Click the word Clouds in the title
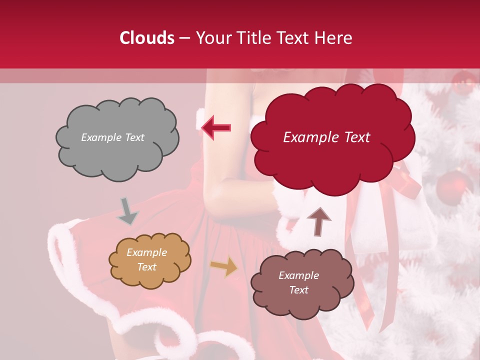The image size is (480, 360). (146, 38)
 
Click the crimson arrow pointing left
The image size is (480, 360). (216, 128)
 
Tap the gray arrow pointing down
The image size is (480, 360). (127, 211)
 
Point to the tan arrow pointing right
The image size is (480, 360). (224, 267)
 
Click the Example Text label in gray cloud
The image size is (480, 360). (112, 137)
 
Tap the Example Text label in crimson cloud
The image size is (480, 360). (326, 137)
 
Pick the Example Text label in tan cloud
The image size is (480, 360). (147, 259)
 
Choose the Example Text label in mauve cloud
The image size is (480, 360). (298, 282)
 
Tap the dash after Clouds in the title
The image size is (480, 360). (184, 38)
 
